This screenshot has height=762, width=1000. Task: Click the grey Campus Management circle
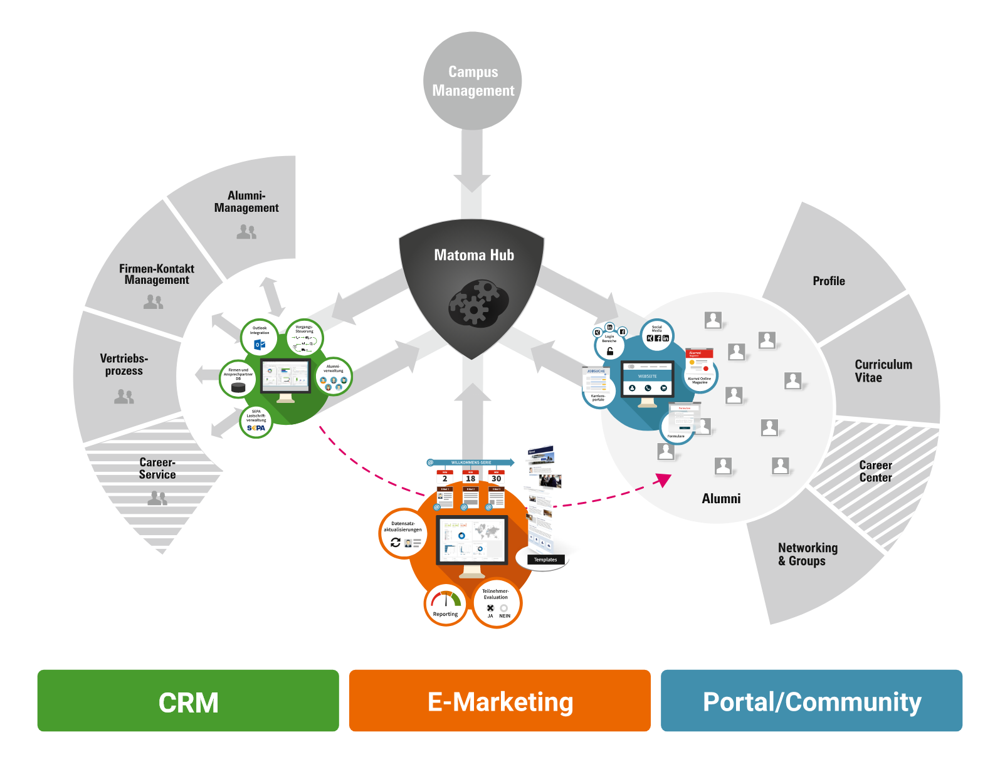point(473,81)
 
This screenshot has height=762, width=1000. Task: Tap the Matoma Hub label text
point(474,255)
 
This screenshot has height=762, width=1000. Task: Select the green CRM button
point(188,701)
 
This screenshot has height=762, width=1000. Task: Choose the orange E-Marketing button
point(500,701)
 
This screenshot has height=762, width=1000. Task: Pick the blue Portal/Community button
point(811,701)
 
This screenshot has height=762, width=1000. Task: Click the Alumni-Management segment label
point(246,202)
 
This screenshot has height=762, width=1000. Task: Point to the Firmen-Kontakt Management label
point(157,274)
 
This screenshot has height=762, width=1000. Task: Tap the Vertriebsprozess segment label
point(124,365)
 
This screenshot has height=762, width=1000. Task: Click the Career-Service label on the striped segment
point(157,469)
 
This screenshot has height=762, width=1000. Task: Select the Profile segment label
point(829,281)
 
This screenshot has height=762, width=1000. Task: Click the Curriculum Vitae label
point(883,371)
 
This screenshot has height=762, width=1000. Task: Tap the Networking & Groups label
point(808,555)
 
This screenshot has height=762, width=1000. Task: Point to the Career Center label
point(875,471)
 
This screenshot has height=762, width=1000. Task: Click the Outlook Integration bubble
point(259,337)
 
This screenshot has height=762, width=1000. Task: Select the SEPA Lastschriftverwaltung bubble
point(256,421)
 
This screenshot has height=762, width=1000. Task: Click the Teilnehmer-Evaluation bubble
point(497,603)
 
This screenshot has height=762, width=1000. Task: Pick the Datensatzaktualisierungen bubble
point(403,534)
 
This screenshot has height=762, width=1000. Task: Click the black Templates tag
point(545,560)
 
